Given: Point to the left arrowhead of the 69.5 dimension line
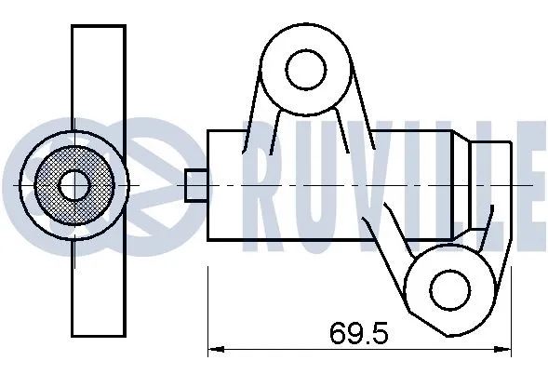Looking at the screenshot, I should (x=213, y=351).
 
